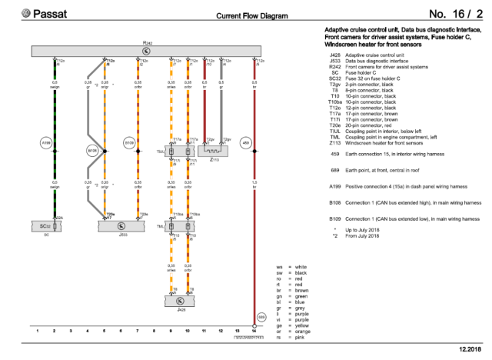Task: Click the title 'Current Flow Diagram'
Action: [252, 15]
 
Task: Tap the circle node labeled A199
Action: [45, 143]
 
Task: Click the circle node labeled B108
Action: [93, 152]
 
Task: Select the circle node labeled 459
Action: [246, 143]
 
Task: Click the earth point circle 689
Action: [261, 316]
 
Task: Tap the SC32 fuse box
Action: [46, 226]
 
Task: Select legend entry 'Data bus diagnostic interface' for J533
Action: [384, 62]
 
